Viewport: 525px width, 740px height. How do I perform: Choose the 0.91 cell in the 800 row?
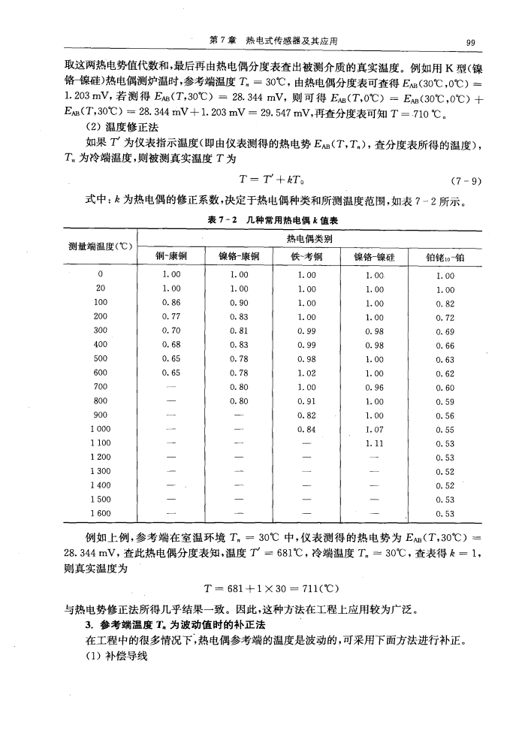(304, 404)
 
